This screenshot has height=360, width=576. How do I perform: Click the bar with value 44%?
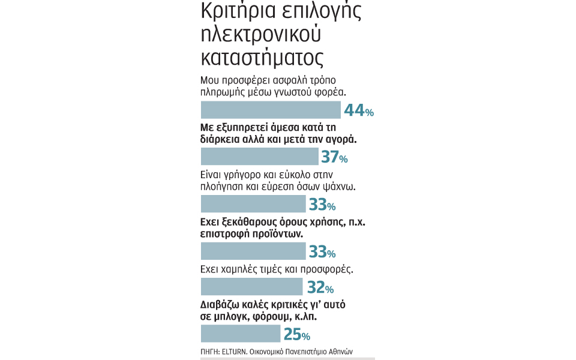click(x=271, y=110)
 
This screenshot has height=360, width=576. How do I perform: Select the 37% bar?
click(x=259, y=157)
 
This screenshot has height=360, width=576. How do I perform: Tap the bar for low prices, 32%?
click(x=251, y=287)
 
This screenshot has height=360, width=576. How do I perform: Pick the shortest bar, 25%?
click(x=240, y=334)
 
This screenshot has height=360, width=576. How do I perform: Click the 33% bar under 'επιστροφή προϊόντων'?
click(x=253, y=251)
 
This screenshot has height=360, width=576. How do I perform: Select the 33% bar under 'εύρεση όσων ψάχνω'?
click(x=253, y=204)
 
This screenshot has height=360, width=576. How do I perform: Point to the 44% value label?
click(x=359, y=110)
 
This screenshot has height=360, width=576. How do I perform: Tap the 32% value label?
click(x=320, y=287)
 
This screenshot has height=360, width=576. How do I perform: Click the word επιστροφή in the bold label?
click(x=223, y=233)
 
